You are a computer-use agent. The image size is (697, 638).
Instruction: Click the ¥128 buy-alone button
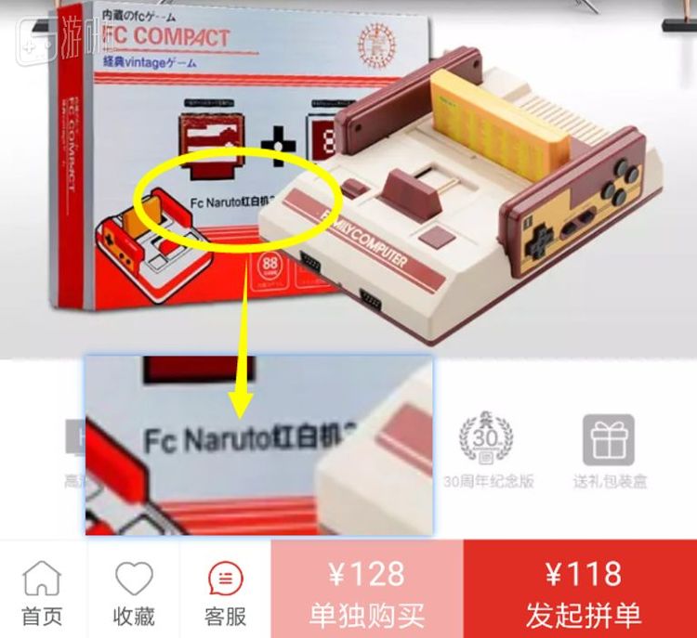pos(366,592)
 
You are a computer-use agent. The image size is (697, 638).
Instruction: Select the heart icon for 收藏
pos(134,580)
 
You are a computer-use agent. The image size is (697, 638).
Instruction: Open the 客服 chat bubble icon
pos(224,580)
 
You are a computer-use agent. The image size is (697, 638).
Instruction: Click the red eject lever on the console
pos(410,190)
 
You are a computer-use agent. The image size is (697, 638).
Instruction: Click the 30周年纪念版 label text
pos(488,482)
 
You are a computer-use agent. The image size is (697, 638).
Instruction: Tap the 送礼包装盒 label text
pos(610,482)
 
